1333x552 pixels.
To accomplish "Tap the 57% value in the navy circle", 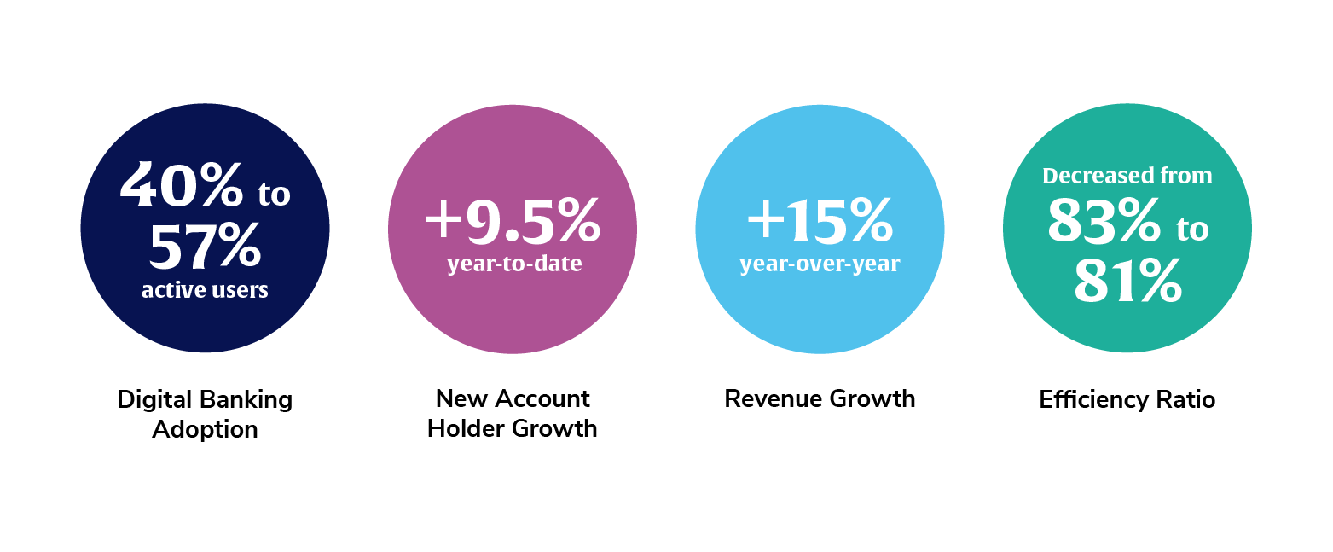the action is (x=205, y=246).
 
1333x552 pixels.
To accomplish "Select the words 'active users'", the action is (x=205, y=290).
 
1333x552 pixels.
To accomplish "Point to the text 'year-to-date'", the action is (x=514, y=263).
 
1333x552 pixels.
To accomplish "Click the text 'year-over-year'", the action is (x=820, y=263).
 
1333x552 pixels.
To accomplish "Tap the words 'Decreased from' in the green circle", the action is (x=1127, y=176).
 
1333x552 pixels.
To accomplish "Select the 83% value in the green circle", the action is (x=1104, y=221).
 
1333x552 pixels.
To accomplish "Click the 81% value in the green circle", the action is (x=1127, y=281).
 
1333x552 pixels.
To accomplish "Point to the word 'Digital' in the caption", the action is (x=154, y=400).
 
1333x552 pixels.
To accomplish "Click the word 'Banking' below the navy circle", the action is (x=246, y=400).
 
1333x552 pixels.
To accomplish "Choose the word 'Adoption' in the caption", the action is (x=205, y=430).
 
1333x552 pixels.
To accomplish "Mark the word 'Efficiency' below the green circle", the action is (x=1093, y=400).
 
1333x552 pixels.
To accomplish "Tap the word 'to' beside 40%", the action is (x=275, y=195).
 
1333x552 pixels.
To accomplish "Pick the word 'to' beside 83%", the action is (x=1192, y=230).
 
